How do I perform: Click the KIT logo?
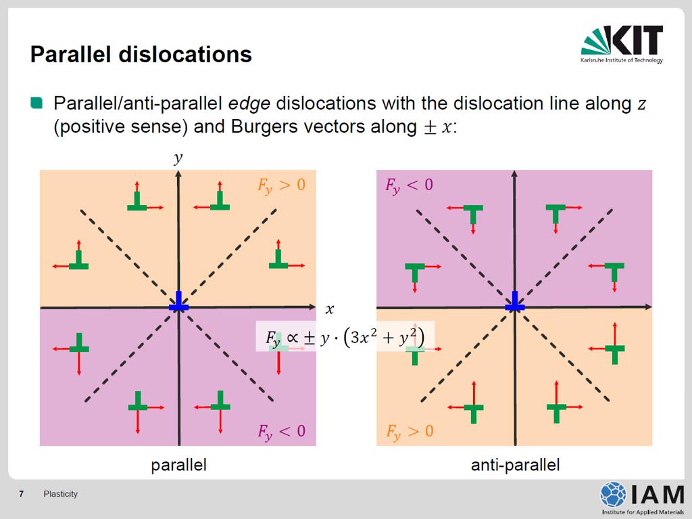click(622, 44)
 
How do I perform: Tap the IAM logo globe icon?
click(613, 494)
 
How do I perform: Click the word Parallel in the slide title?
click(70, 54)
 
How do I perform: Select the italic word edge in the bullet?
click(249, 104)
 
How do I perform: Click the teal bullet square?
click(36, 103)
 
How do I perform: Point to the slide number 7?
click(21, 494)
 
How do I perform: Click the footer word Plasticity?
click(60, 494)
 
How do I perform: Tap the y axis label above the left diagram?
click(178, 158)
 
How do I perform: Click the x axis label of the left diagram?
click(329, 309)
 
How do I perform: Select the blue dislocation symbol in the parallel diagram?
click(178, 302)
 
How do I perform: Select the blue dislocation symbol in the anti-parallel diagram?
click(514, 302)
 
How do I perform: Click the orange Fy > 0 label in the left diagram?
click(282, 185)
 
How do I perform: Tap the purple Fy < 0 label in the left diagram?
click(282, 432)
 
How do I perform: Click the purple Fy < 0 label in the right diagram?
click(409, 185)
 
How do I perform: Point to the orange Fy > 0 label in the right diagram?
click(410, 432)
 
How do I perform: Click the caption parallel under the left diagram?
click(178, 465)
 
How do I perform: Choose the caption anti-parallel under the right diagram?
click(516, 465)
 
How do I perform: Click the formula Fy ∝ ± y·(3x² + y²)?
click(345, 338)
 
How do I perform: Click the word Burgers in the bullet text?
click(264, 127)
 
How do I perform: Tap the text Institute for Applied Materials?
click(643, 512)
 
